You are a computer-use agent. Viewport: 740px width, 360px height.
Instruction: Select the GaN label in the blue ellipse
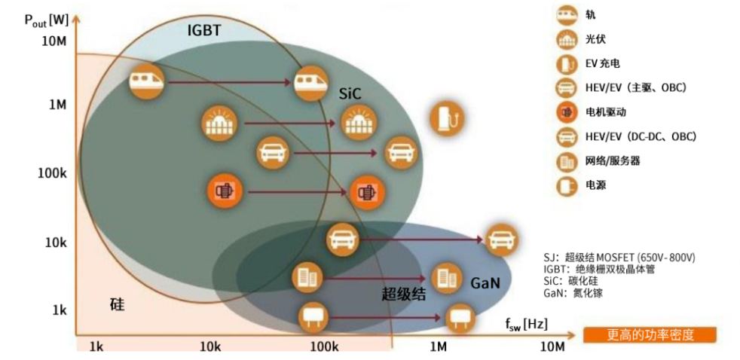point(484,283)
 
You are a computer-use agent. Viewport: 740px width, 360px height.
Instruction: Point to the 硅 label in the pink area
point(117,305)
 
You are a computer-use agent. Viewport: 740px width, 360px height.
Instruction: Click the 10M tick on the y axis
point(54,40)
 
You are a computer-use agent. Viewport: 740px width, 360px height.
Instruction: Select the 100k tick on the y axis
point(53,173)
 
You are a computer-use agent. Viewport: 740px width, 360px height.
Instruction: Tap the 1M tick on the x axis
point(439,346)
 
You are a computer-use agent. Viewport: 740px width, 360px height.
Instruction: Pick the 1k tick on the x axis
point(96,346)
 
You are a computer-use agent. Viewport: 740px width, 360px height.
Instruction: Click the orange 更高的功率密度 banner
point(650,335)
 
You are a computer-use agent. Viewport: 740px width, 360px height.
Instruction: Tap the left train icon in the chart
point(145,82)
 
